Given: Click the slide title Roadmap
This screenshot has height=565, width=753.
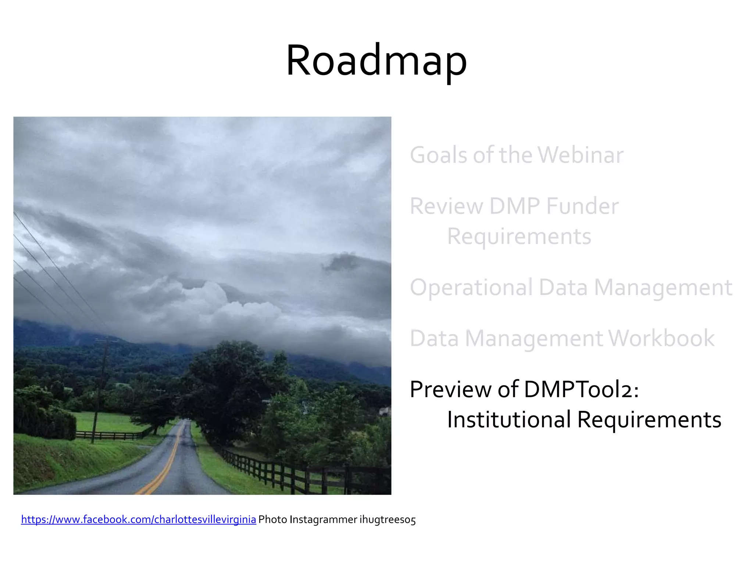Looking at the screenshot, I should [x=376, y=61].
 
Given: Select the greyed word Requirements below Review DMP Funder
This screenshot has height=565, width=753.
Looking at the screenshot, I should [x=519, y=237].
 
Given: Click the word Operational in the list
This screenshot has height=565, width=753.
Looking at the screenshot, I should [x=471, y=288].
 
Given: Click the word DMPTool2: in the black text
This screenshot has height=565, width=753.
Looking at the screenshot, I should [x=581, y=389].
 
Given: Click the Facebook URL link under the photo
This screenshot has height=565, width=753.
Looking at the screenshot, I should [x=138, y=519].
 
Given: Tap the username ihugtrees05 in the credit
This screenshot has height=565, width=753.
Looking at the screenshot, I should [x=387, y=520].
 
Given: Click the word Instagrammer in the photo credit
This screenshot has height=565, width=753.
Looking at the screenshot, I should [x=323, y=520].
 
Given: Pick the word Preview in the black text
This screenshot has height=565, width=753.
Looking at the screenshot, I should [x=450, y=389].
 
